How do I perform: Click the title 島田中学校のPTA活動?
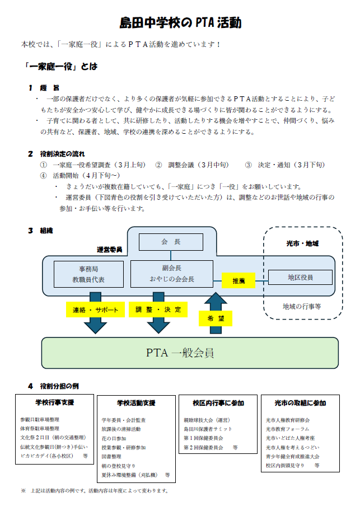(x=180, y=23)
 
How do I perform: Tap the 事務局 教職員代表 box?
(x=88, y=274)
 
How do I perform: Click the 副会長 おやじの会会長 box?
(x=171, y=274)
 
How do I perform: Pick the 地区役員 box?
(x=301, y=277)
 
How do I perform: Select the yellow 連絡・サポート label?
(x=96, y=310)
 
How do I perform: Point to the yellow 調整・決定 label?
(x=158, y=310)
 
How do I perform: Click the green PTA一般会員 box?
(x=190, y=353)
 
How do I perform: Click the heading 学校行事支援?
(x=54, y=402)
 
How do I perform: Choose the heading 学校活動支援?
(x=136, y=403)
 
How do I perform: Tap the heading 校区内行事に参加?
(x=218, y=403)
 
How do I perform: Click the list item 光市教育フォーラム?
(x=288, y=429)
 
